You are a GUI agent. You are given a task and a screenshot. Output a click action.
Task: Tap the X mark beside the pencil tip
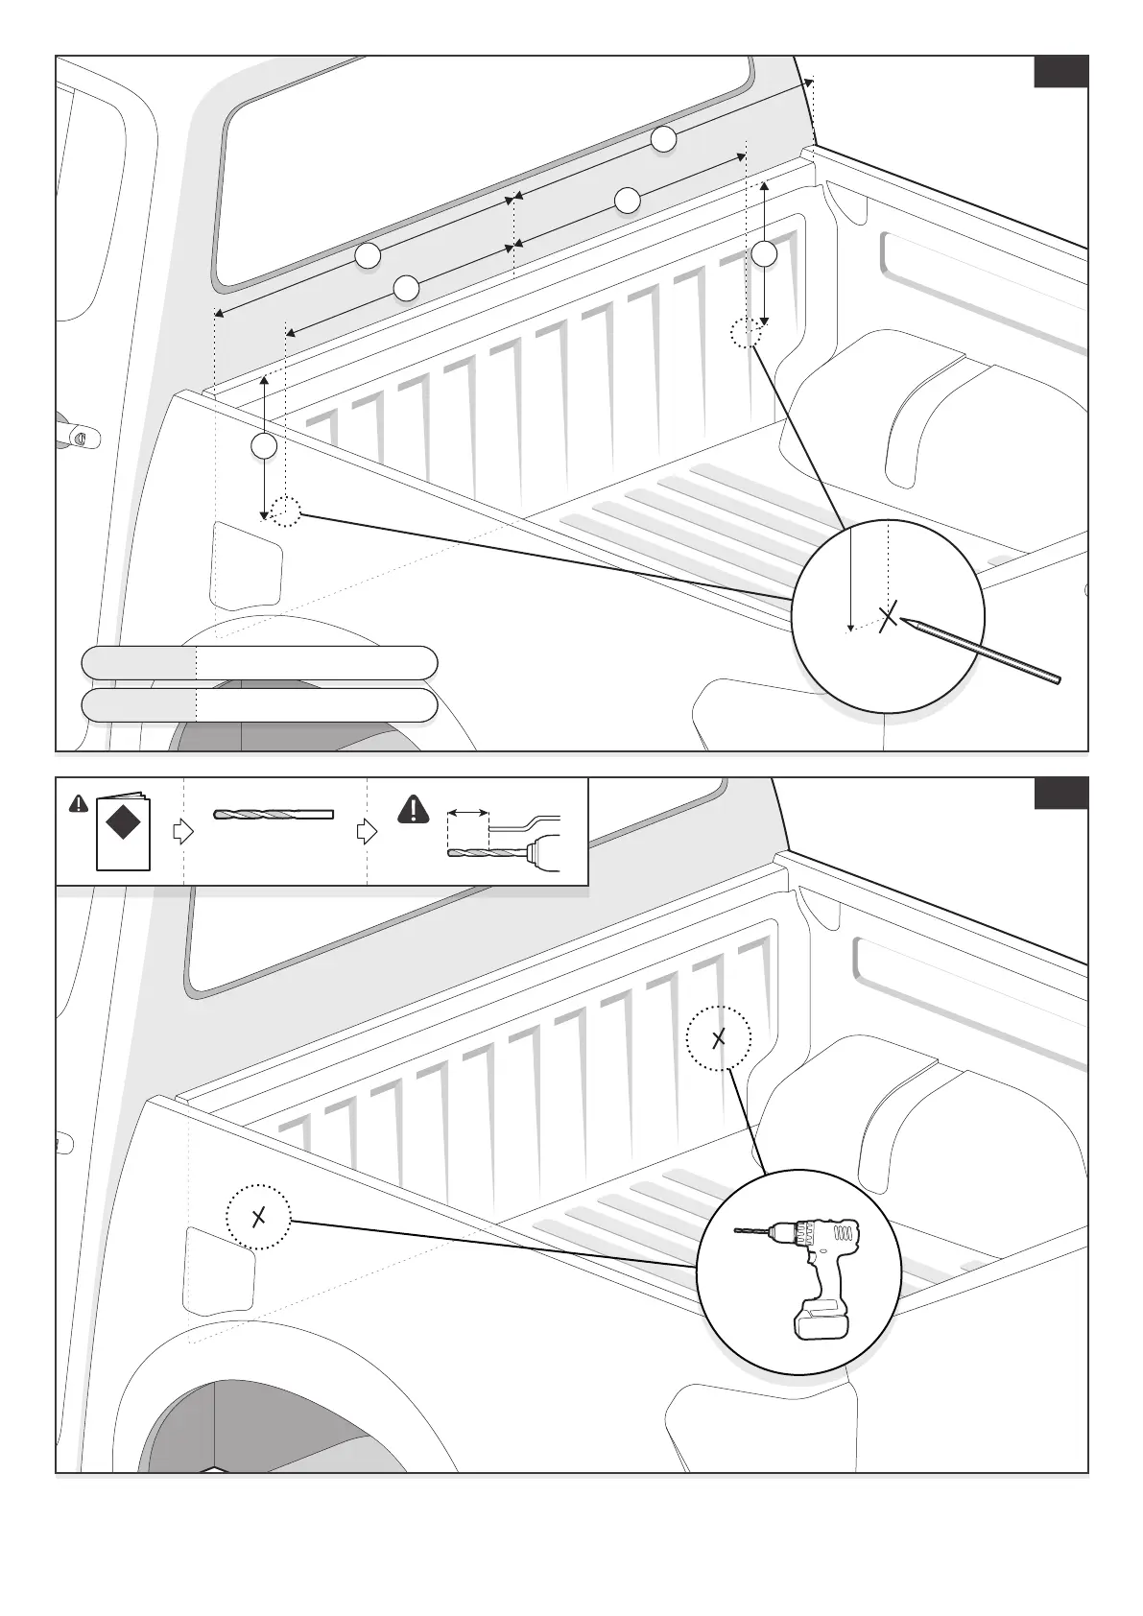[890, 616]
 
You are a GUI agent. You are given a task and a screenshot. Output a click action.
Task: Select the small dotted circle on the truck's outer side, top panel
[285, 512]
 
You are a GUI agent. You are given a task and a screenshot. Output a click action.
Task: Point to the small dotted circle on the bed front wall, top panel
[746, 333]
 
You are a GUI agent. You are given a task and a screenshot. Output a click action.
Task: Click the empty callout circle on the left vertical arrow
[264, 446]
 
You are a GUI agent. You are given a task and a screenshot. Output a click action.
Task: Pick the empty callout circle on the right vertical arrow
[764, 253]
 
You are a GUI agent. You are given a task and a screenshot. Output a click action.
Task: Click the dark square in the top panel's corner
[1060, 72]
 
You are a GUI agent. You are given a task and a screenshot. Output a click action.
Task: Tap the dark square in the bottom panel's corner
[1060, 794]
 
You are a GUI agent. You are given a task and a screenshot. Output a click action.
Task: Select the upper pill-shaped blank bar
[259, 663]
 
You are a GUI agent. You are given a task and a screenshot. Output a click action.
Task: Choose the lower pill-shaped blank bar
[259, 705]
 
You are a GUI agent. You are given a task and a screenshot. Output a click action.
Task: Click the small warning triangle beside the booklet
[79, 804]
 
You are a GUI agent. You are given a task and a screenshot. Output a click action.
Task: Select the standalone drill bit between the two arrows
[274, 815]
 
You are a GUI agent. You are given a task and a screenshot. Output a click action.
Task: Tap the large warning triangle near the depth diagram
[414, 811]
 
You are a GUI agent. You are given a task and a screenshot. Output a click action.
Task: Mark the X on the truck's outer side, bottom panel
[258, 1218]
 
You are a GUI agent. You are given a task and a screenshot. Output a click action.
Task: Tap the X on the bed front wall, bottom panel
[719, 1038]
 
